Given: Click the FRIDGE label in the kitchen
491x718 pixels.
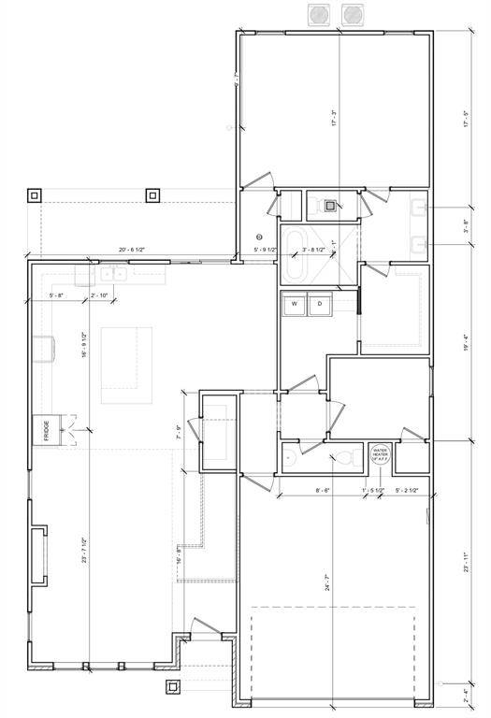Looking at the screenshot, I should pos(46,431).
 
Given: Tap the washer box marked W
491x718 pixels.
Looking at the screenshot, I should pos(294,304).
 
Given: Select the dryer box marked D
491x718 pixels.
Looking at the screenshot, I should pos(319,304).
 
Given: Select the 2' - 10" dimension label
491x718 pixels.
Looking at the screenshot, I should pos(99,295).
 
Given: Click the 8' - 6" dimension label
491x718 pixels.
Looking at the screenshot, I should pos(324,490).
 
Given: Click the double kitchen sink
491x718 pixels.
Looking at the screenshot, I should pos(113,274).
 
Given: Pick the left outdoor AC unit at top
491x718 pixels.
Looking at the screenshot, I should pos(319,14).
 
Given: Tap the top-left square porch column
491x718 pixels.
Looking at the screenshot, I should pos(35,195).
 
